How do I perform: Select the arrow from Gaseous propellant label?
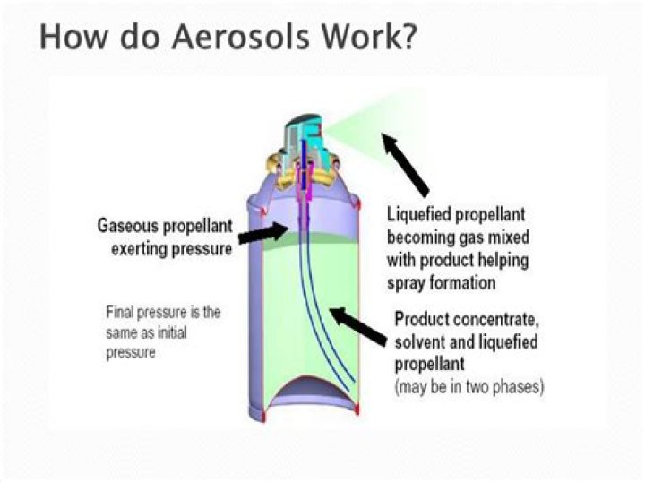263,235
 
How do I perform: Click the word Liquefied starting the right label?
418,215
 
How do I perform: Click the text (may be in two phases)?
469,388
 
